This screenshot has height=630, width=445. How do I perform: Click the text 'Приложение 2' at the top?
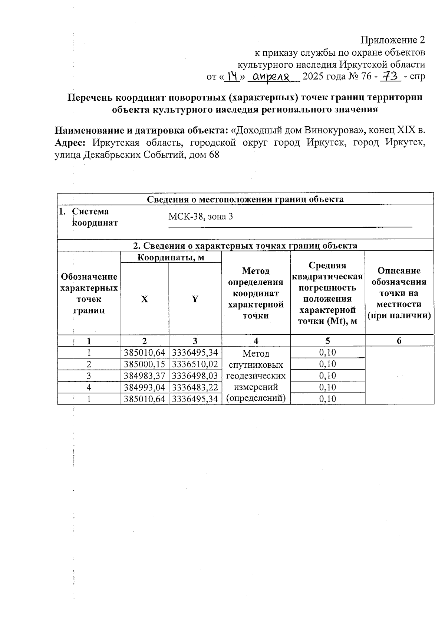393,40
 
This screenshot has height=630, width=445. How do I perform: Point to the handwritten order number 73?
390,77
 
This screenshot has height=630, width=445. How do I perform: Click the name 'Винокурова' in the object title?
333,130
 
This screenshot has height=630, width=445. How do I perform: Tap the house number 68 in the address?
214,155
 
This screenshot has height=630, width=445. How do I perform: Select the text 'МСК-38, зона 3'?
201,216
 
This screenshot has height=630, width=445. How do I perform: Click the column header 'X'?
144,299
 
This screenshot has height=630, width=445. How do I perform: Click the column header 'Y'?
195,299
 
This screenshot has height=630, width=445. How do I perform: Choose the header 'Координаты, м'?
171,257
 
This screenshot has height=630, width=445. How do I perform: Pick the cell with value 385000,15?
145,364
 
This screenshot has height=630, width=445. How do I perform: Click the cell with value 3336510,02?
195,364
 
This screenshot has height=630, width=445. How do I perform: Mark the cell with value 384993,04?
145,387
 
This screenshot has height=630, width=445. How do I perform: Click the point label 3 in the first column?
89,376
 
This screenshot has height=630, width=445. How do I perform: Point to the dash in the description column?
399,376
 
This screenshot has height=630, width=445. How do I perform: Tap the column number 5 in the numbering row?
327,341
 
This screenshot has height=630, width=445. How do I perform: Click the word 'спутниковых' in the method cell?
256,365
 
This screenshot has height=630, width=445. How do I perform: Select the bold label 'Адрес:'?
70,143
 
